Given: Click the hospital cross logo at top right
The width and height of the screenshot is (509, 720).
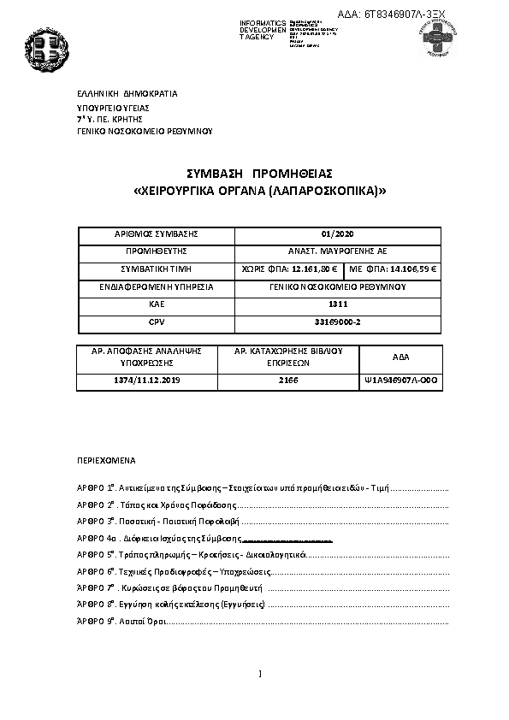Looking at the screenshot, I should tap(440, 38).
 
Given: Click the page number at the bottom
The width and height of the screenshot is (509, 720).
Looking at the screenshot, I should tap(258, 674).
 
